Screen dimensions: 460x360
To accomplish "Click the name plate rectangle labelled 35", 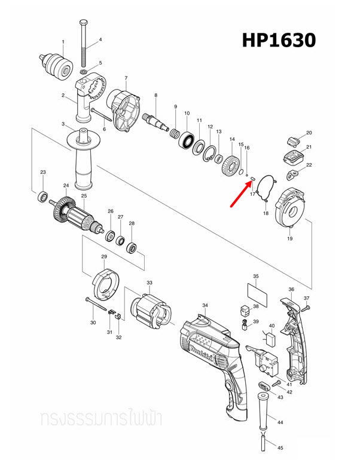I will click(256, 293).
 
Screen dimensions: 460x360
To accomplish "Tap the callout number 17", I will click(253, 194).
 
